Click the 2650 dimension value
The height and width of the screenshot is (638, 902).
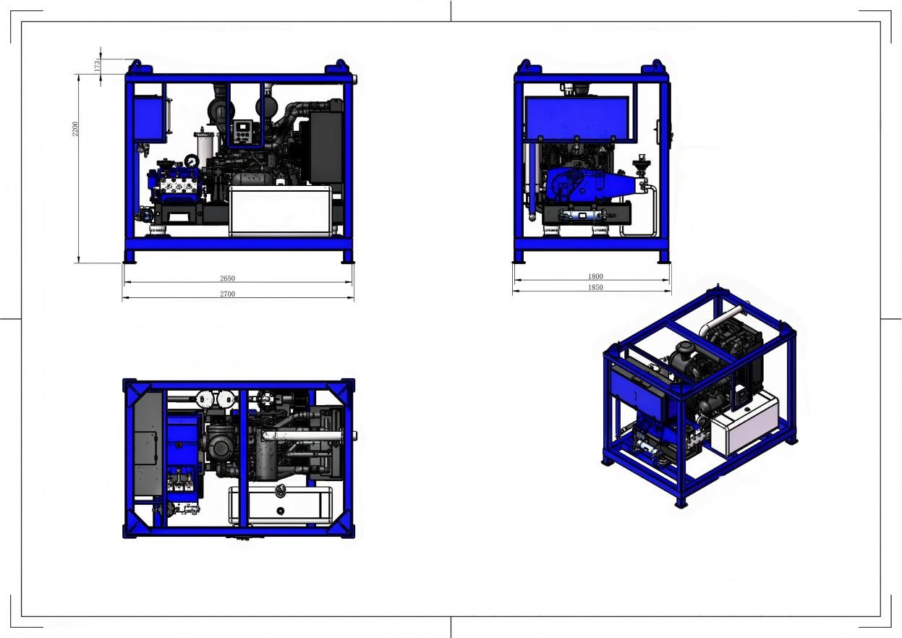click(227, 278)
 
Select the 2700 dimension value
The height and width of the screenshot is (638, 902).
click(227, 294)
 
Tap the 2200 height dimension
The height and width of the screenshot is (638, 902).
click(75, 129)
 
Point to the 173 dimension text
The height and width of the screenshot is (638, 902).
click(97, 66)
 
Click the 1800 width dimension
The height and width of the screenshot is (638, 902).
click(595, 276)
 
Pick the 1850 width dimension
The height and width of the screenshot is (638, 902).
click(595, 287)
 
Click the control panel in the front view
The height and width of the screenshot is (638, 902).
click(244, 132)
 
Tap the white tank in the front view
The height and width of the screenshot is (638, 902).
click(281, 210)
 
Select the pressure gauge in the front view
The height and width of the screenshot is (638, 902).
click(192, 161)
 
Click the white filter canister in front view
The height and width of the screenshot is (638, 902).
click(205, 146)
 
